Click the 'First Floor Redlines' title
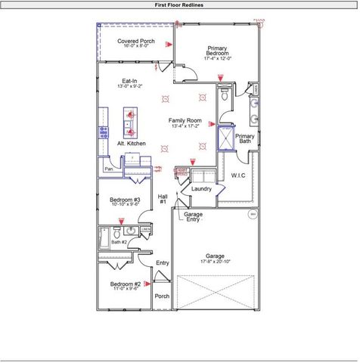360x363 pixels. [x=179, y=4]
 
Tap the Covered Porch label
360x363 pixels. [x=136, y=42]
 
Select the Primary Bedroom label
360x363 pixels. [x=218, y=51]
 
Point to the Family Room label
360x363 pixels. [x=185, y=121]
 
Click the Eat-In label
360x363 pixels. [x=129, y=81]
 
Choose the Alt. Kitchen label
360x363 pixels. [x=131, y=143]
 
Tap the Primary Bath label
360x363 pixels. [x=245, y=138]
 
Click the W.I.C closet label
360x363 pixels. [x=239, y=175]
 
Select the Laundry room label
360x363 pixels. [x=201, y=189]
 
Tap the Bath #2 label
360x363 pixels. [x=119, y=242]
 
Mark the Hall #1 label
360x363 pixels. [x=163, y=199]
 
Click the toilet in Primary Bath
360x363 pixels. [x=225, y=96]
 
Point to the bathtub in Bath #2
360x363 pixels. [x=103, y=238]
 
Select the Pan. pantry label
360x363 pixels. [x=109, y=169]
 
